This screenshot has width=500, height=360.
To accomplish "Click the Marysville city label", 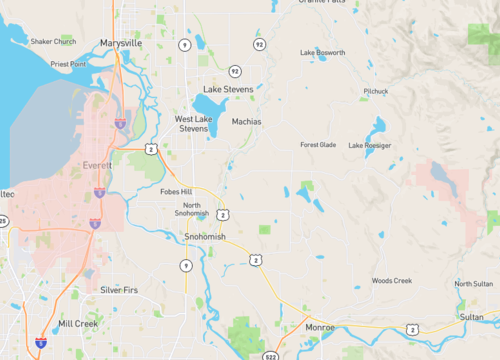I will point(121,43).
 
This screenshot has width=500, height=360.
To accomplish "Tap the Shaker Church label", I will point(53,41).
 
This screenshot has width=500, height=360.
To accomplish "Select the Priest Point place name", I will point(69,63).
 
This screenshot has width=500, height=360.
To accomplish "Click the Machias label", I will point(246,121).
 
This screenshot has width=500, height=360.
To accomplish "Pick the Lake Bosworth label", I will point(322,52).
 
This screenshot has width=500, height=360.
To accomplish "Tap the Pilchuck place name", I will point(376,91).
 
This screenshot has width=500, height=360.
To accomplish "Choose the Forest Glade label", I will point(318,144).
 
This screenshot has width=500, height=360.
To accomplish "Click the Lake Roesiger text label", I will point(370,145).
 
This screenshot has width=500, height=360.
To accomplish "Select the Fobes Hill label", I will point(175,191).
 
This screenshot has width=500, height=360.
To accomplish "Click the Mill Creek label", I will point(78,324).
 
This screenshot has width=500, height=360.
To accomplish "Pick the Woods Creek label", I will point(391,281).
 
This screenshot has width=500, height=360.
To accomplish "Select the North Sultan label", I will point(474,284).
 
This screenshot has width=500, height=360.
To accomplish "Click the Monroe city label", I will point(320,327).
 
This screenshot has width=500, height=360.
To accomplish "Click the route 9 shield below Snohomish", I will point(186,265).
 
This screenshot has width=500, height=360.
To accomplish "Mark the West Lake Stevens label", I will point(193,124).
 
